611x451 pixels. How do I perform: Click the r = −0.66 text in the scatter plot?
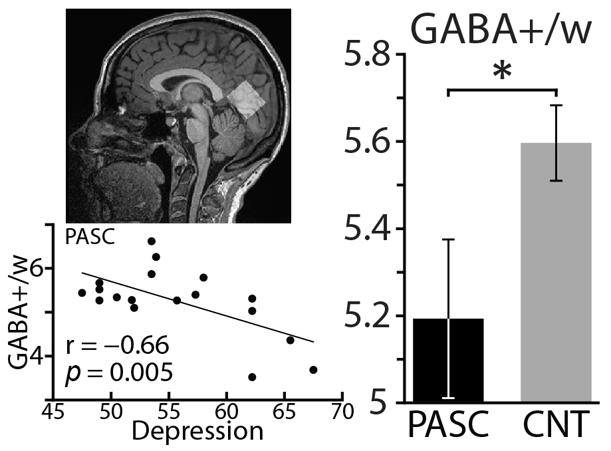click(x=117, y=346)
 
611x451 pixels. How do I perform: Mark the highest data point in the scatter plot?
click(x=152, y=241)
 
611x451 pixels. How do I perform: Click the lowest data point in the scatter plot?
click(x=252, y=376)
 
